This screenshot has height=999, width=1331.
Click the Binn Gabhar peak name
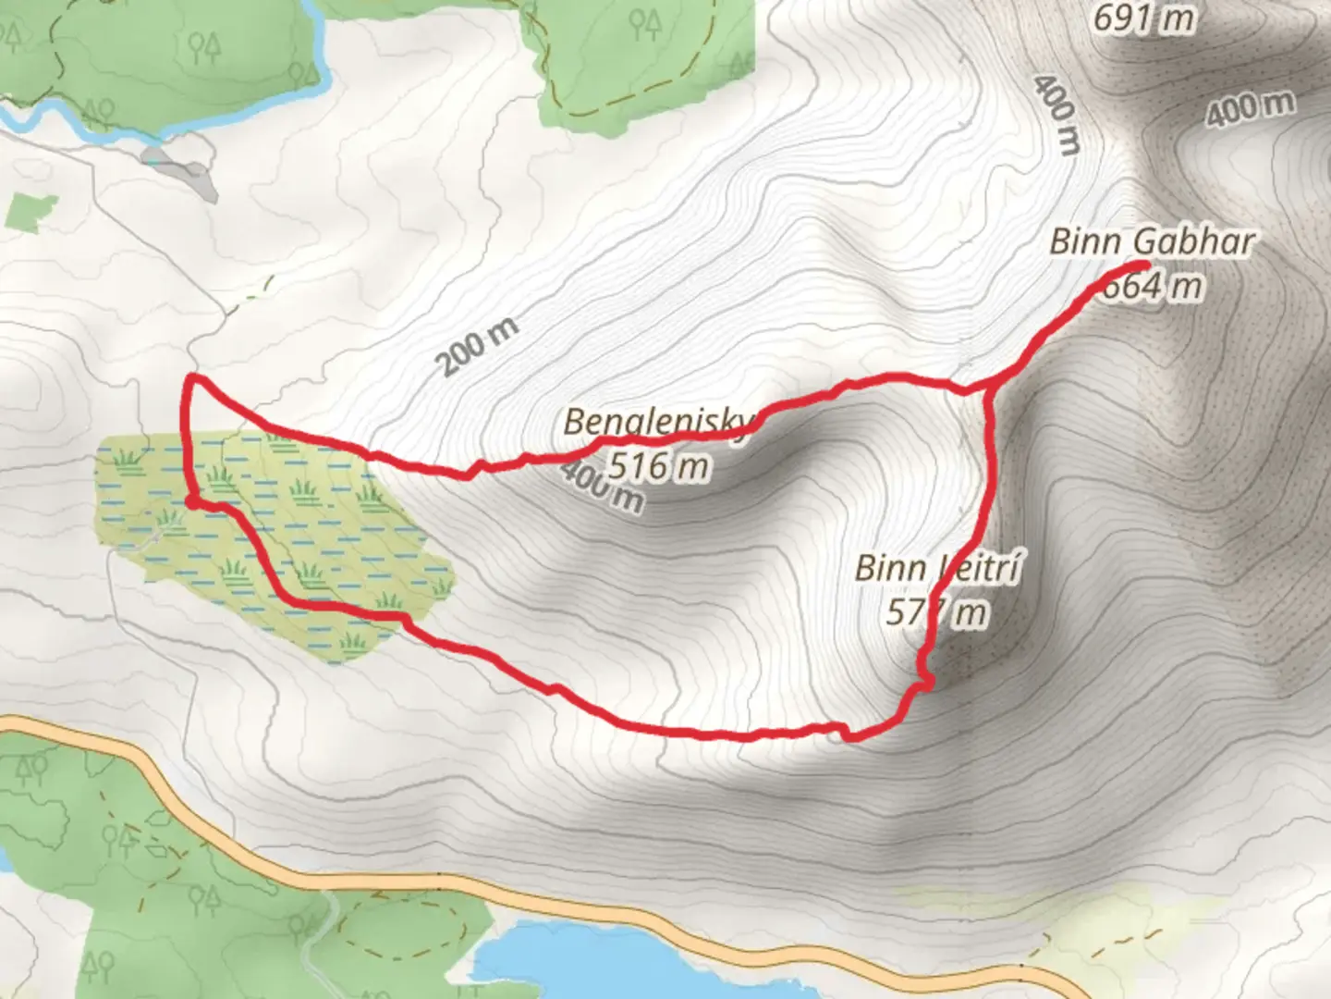(1152, 242)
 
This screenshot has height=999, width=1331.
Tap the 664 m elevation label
(1153, 286)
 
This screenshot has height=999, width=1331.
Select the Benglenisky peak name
(658, 423)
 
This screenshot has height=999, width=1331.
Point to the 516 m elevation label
(658, 465)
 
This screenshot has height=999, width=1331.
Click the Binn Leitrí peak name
(936, 568)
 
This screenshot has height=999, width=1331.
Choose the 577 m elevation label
(936, 612)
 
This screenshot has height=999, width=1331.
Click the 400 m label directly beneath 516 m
(601, 487)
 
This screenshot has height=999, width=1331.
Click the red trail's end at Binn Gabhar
(1144, 267)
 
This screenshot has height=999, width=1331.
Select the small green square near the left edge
(30, 211)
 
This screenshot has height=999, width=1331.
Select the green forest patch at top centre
(638, 55)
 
